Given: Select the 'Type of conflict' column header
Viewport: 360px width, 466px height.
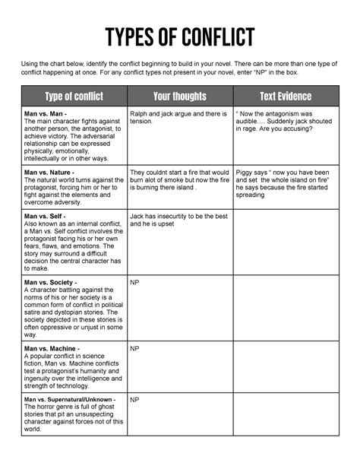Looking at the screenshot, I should (74, 97).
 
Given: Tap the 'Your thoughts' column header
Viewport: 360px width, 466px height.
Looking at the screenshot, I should (179, 97).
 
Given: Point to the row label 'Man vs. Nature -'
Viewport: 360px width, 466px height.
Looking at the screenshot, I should (50, 173).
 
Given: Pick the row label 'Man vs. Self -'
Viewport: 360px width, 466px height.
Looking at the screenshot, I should (46, 217).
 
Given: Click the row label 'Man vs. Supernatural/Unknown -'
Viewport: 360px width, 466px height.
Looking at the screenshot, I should (70, 399).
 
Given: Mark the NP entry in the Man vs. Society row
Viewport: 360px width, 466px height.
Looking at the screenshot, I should (134, 282).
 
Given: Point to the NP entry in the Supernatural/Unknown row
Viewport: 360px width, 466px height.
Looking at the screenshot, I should (134, 399).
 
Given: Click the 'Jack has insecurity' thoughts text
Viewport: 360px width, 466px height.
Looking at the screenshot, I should (178, 220).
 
